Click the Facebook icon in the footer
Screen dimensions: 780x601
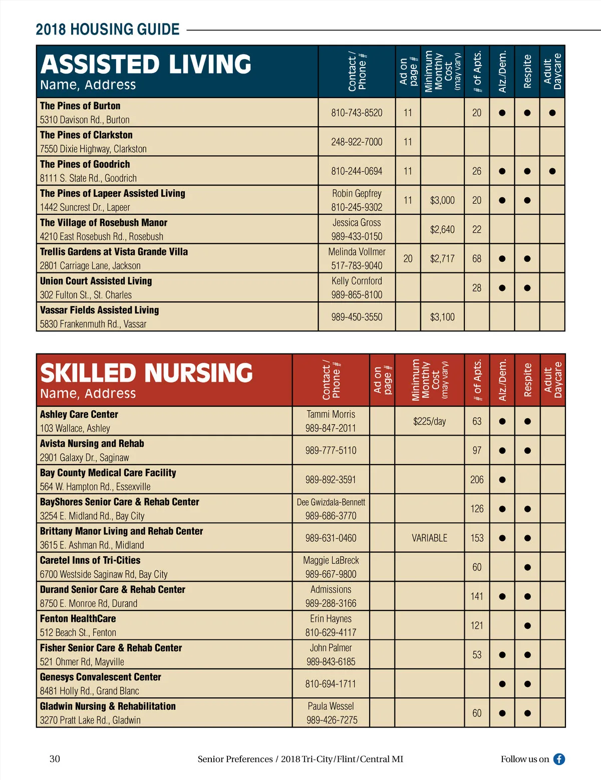(559, 759)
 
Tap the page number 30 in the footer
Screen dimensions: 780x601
(55, 759)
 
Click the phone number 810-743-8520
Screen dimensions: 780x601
(357, 113)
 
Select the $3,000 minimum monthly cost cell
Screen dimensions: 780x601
(442, 200)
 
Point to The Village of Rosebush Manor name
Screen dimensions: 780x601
(104, 223)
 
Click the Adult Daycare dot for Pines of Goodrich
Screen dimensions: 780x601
(552, 171)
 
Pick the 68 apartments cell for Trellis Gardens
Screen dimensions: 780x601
(477, 259)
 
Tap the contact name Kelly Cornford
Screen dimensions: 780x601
(357, 281)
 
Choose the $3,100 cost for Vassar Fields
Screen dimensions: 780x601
(442, 317)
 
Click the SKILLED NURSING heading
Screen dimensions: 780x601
(146, 373)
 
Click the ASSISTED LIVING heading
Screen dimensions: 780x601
(146, 65)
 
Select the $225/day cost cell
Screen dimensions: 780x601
(429, 422)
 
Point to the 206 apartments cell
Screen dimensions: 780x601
(477, 480)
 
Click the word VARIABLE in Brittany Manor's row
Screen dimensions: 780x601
(429, 538)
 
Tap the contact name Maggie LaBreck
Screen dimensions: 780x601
(331, 561)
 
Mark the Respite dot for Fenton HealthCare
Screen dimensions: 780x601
(527, 626)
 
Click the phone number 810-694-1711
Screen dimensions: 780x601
(331, 684)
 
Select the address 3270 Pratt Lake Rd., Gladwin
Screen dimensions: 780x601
(90, 720)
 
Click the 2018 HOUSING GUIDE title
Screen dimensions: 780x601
(108, 30)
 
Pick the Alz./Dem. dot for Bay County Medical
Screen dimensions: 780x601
(502, 480)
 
